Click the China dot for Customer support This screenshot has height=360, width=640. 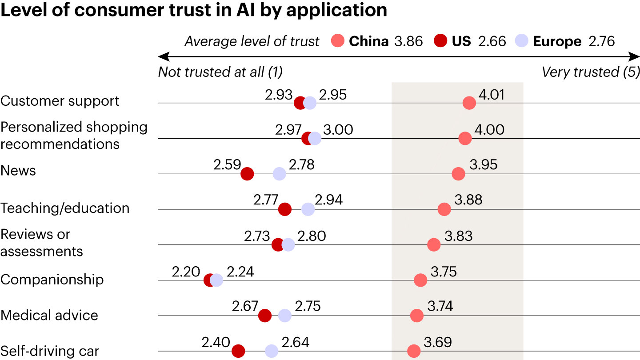(469, 103)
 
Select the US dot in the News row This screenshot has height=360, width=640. (247, 174)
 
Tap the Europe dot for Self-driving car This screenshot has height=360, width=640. (272, 351)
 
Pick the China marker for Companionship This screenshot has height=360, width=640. (420, 280)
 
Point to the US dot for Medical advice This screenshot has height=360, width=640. (265, 316)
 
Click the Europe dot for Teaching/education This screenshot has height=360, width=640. (308, 209)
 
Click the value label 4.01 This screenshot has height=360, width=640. (492, 94)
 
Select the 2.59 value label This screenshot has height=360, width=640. (227, 165)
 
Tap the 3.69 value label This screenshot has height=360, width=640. (438, 342)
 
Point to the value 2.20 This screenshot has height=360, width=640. (186, 272)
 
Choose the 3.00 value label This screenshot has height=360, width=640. (338, 130)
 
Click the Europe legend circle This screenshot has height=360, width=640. (521, 41)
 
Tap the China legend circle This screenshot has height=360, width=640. (338, 41)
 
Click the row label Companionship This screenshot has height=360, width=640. (52, 280)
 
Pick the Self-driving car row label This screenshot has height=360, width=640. (50, 351)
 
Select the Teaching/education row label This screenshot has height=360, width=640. (65, 208)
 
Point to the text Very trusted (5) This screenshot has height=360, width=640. (591, 72)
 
